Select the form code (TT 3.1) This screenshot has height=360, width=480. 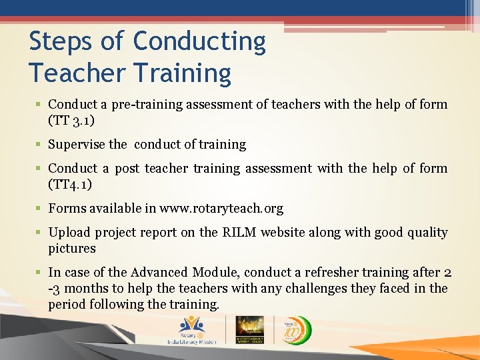pyautogui.click(x=71, y=121)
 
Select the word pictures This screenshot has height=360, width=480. pyautogui.click(x=72, y=249)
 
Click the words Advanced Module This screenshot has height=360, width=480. pyautogui.click(x=169, y=273)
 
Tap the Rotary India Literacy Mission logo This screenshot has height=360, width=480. pyautogui.click(x=191, y=330)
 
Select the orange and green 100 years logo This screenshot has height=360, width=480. pyautogui.click(x=293, y=329)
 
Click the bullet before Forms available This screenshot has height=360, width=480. pyautogui.click(x=41, y=209)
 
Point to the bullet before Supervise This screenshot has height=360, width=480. pyautogui.click(x=41, y=145)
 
